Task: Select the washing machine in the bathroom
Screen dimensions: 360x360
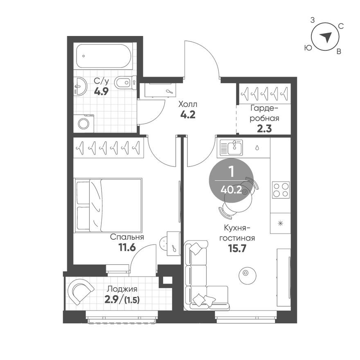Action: (x=84, y=123)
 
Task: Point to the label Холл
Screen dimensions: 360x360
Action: (x=187, y=105)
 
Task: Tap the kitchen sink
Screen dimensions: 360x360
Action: (x=232, y=147)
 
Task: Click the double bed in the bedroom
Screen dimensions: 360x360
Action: (x=108, y=205)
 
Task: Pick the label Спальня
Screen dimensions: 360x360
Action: (x=127, y=237)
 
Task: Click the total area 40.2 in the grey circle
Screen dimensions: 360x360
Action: (x=230, y=189)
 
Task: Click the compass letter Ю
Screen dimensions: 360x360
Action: (x=307, y=48)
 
